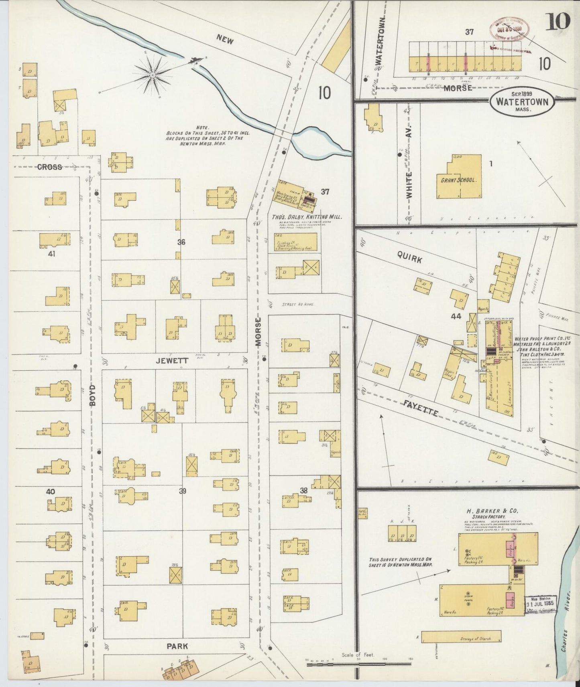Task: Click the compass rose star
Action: pyautogui.click(x=153, y=75)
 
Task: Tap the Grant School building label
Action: pyautogui.click(x=458, y=180)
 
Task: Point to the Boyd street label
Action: pyautogui.click(x=92, y=396)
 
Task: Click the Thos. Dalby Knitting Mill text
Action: pyautogui.click(x=307, y=217)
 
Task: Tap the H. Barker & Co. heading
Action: pyautogui.click(x=492, y=511)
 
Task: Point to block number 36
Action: pyautogui.click(x=181, y=242)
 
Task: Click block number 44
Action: pyautogui.click(x=456, y=316)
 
